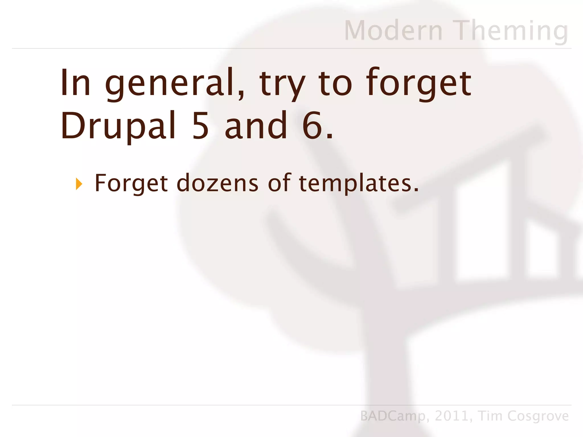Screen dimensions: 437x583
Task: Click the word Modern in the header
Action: tap(393, 30)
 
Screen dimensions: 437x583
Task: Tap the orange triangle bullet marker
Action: tap(79, 184)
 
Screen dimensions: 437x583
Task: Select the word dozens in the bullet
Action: tap(217, 183)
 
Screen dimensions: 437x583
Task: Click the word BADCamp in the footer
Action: tap(393, 416)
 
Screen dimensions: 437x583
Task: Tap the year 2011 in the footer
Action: tap(451, 416)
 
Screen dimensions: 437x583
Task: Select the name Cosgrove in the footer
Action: tap(538, 416)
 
